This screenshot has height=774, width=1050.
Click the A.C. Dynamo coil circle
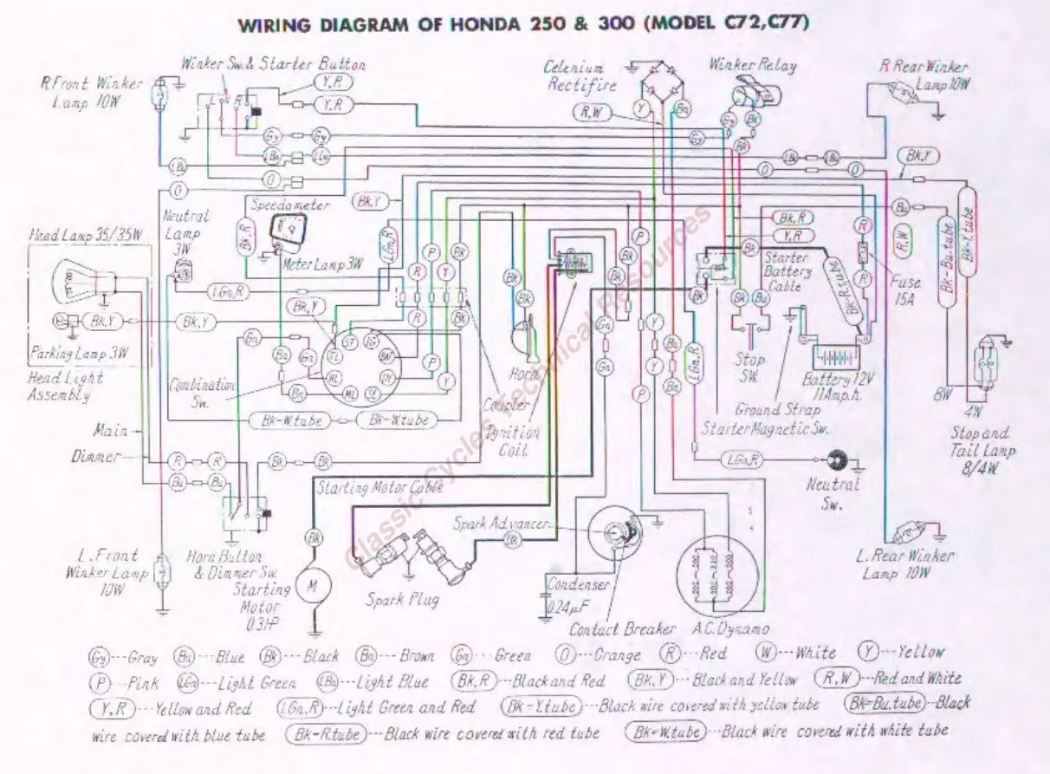(x=712, y=572)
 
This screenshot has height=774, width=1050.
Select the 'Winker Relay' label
(x=752, y=65)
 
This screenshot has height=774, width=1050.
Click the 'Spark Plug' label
(x=401, y=599)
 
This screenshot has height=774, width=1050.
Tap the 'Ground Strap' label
(x=777, y=409)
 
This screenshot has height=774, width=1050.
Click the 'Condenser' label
(x=578, y=585)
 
